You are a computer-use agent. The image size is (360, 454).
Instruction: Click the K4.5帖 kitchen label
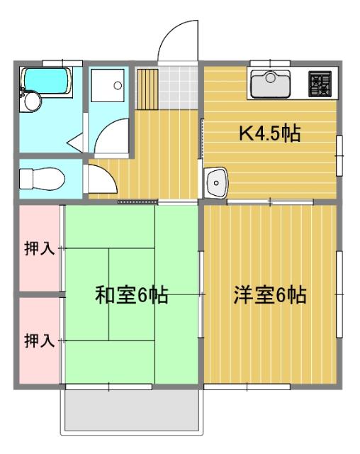tap(269, 133)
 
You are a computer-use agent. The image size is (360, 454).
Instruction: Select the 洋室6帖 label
tap(270, 295)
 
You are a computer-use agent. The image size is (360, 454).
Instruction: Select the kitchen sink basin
tap(269, 84)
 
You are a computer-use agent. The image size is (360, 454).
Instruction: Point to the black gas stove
tap(320, 84)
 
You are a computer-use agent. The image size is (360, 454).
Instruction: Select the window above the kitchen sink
tap(269, 62)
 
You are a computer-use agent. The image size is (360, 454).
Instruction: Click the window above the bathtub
tap(62, 62)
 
